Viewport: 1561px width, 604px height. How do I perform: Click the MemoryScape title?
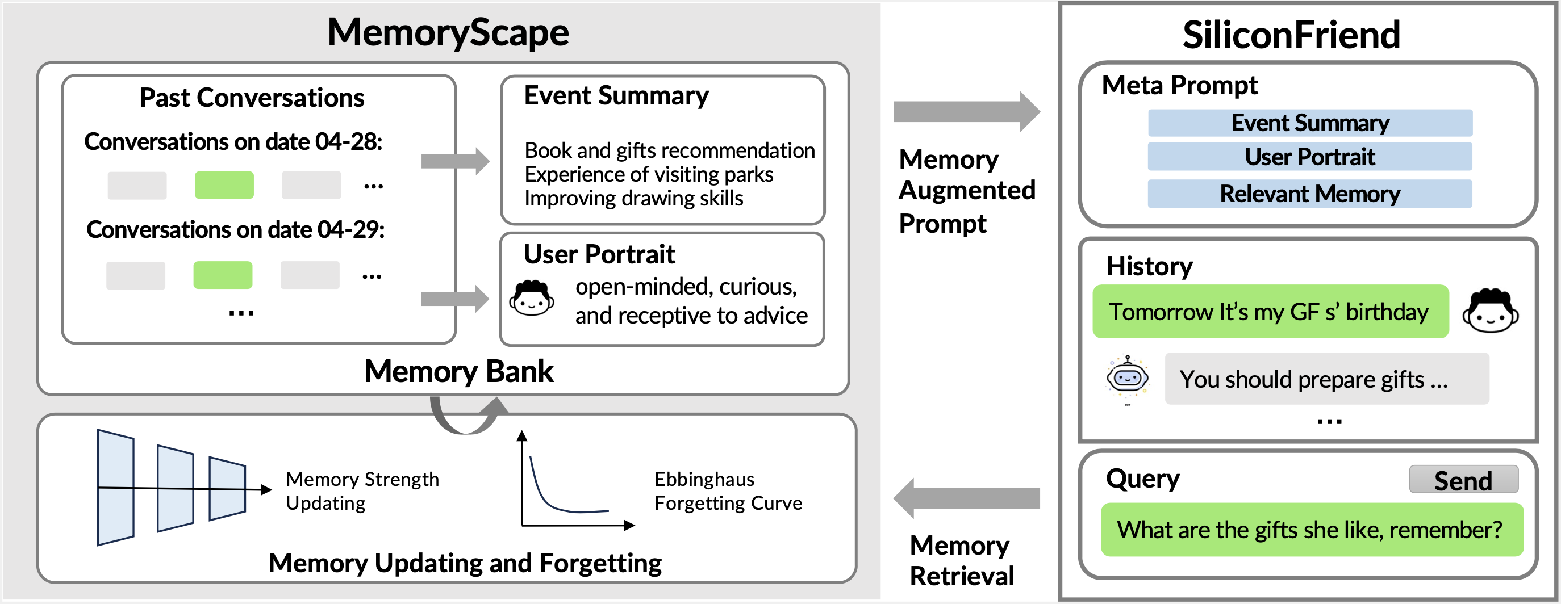point(448,32)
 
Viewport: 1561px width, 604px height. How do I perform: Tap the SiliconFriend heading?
point(1291,35)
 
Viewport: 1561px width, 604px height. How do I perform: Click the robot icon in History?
point(1126,379)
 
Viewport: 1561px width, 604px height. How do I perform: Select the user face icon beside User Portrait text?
point(532,299)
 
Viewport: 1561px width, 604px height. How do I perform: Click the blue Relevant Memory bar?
point(1309,194)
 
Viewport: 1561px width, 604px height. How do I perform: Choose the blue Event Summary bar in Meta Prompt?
point(1309,123)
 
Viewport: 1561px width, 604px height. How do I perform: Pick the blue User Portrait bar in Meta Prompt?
point(1309,157)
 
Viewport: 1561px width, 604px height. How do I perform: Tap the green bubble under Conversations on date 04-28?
point(224,184)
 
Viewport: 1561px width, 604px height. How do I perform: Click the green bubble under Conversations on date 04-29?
point(223,275)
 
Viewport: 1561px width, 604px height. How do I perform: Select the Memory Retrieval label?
point(961,560)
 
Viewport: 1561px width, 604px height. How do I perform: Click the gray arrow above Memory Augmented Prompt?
point(966,111)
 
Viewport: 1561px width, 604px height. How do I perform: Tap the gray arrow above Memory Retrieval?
point(966,498)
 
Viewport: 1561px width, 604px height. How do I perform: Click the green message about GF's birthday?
point(1270,312)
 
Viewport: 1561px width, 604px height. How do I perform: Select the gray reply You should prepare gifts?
point(1326,379)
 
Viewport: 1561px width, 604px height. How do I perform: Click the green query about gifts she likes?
point(1310,530)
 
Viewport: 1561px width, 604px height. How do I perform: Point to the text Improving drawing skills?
point(633,198)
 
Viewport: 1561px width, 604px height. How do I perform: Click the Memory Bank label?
point(459,371)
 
